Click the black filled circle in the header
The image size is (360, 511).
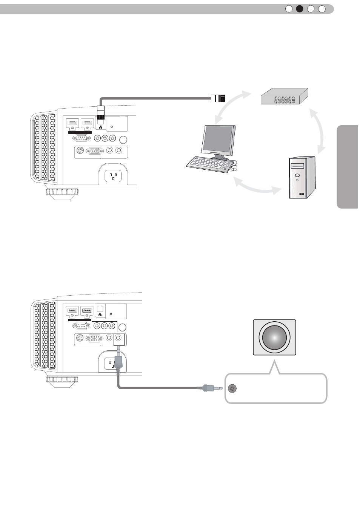[x=300, y=9]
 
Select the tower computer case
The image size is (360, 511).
[x=302, y=177]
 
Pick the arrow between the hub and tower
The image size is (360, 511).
[x=319, y=130]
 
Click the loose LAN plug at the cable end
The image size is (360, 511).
[x=218, y=99]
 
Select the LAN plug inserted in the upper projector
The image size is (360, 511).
[x=101, y=114]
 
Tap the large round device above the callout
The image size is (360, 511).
[x=274, y=337]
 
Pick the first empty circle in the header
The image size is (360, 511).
[x=289, y=9]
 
